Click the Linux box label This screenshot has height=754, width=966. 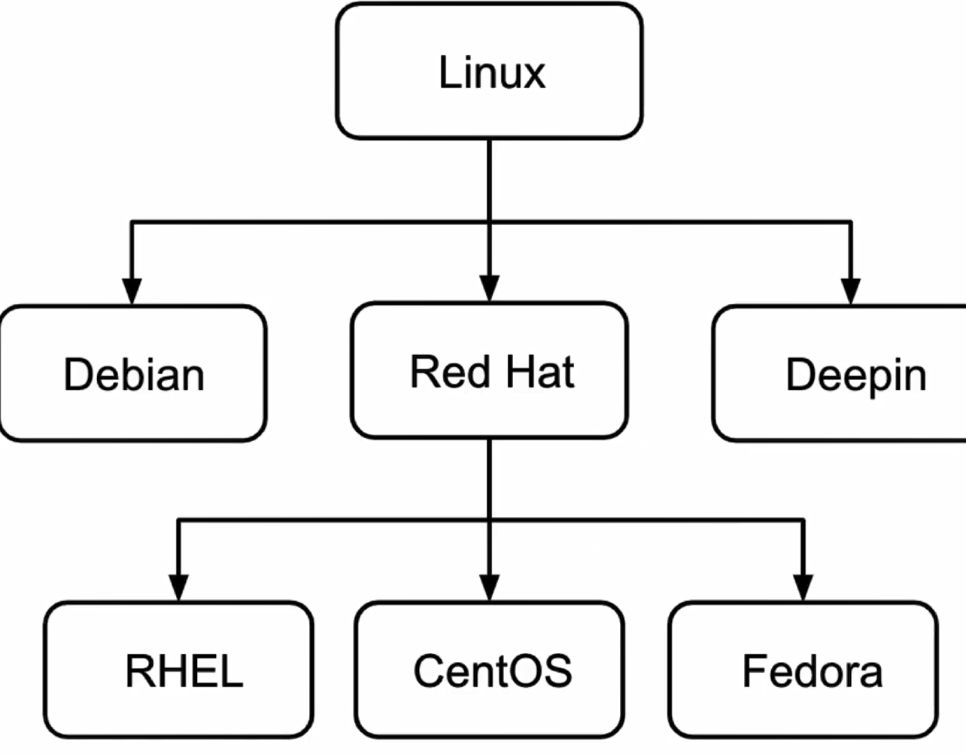[492, 71]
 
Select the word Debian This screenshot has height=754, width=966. [134, 375]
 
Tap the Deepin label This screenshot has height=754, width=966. [856, 376]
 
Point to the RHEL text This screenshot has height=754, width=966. [184, 671]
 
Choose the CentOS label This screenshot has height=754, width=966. [493, 671]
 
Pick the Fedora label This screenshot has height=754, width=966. [813, 671]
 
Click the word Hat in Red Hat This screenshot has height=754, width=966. [539, 372]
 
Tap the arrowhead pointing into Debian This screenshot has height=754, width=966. [132, 291]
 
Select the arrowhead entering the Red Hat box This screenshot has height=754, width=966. [490, 288]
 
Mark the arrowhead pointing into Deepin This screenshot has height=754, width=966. [850, 291]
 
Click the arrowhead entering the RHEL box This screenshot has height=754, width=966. [179, 588]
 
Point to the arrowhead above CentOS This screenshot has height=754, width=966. [490, 588]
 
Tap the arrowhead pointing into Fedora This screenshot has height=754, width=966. [803, 588]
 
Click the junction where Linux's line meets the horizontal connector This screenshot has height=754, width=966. [490, 222]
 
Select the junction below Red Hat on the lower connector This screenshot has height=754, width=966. [490, 520]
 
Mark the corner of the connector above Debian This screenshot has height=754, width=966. [132, 222]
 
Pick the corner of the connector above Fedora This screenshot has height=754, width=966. [803, 520]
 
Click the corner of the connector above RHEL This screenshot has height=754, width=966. [179, 520]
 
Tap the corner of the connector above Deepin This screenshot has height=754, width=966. [850, 222]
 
